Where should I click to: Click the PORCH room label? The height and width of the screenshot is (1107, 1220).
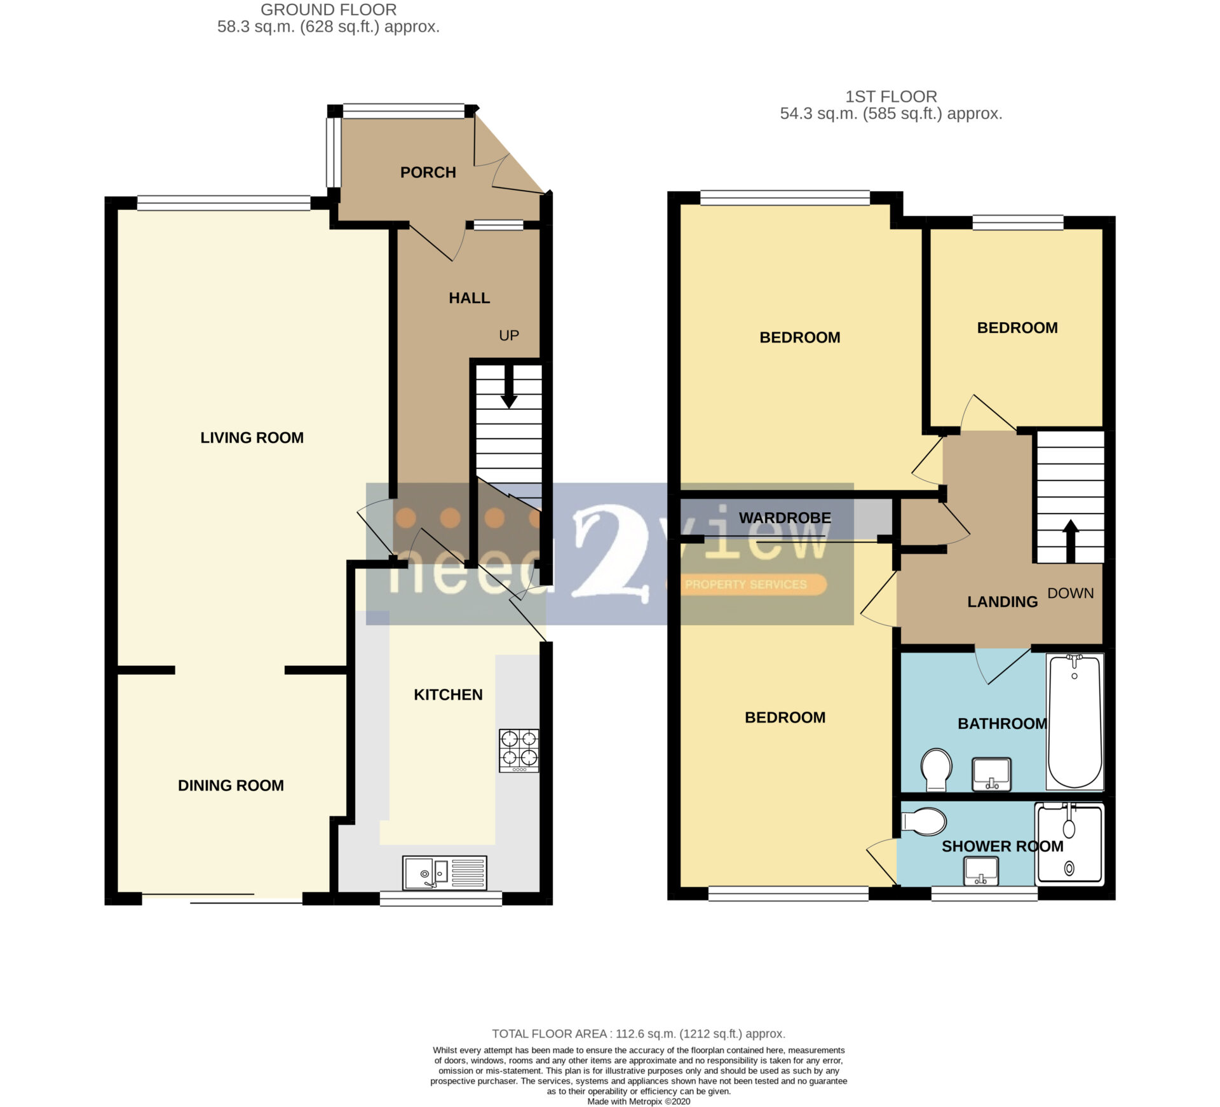pyautogui.click(x=428, y=172)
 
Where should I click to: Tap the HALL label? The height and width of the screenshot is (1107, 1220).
pyautogui.click(x=469, y=298)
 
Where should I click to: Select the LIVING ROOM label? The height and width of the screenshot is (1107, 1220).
pyautogui.click(x=252, y=438)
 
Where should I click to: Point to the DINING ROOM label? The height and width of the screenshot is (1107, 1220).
pyautogui.click(x=231, y=785)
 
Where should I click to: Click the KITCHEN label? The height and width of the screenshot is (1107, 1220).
pyautogui.click(x=448, y=695)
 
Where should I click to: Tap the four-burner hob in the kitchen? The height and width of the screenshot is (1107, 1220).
pyautogui.click(x=518, y=750)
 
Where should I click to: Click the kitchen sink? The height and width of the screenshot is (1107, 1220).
pyautogui.click(x=444, y=873)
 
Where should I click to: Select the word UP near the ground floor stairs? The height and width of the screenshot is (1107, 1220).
pyautogui.click(x=509, y=336)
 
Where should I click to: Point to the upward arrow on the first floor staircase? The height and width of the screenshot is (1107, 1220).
pyautogui.click(x=1071, y=541)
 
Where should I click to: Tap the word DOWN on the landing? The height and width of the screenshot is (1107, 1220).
pyautogui.click(x=1071, y=593)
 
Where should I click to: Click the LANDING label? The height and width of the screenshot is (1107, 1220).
pyautogui.click(x=1002, y=602)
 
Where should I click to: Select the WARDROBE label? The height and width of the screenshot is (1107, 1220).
pyautogui.click(x=785, y=518)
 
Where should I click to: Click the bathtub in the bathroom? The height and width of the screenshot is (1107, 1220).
pyautogui.click(x=1074, y=721)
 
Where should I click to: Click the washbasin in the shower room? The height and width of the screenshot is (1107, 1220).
pyautogui.click(x=981, y=871)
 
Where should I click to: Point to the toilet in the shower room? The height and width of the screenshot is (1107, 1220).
pyautogui.click(x=924, y=821)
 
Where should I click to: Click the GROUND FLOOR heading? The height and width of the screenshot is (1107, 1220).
pyautogui.click(x=329, y=10)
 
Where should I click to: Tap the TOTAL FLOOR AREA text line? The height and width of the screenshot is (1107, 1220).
pyautogui.click(x=639, y=1034)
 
